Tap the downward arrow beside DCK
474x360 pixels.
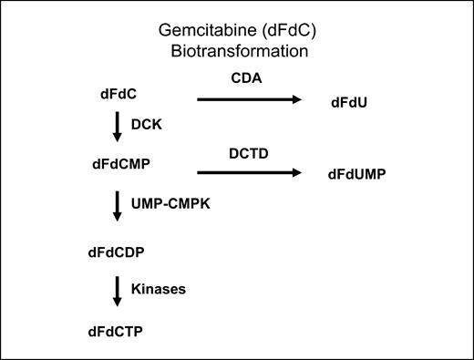pos(117,129)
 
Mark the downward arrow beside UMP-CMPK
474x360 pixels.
pos(117,206)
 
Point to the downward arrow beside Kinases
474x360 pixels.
pos(117,290)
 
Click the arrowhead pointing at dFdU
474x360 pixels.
pos(297,100)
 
